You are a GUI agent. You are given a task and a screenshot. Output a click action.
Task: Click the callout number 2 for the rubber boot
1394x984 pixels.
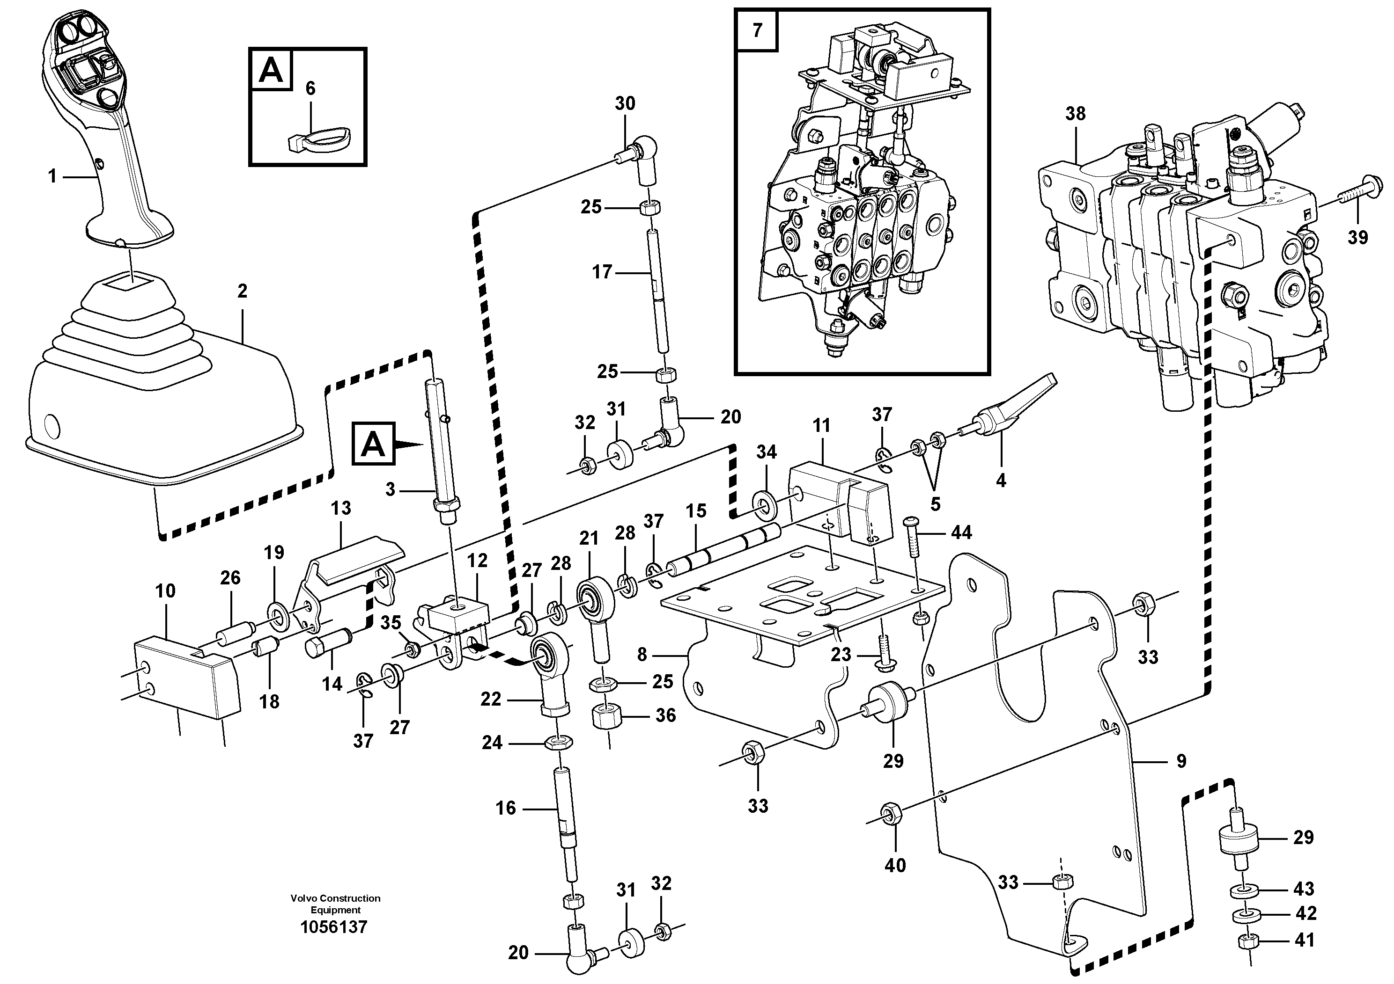click(x=242, y=292)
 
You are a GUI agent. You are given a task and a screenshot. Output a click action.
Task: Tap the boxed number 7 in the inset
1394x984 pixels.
click(x=757, y=30)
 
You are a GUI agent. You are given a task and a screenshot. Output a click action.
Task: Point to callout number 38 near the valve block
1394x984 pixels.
click(x=1075, y=113)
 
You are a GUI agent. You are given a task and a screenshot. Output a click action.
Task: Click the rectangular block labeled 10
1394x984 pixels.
click(x=185, y=677)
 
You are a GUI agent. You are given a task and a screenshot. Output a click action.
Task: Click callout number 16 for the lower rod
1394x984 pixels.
click(x=506, y=808)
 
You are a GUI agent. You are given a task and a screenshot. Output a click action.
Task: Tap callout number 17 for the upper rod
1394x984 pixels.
click(x=602, y=272)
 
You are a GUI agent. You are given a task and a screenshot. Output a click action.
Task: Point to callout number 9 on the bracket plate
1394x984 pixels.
click(x=1181, y=761)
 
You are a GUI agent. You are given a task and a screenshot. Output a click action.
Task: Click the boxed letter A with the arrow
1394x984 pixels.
click(x=373, y=444)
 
